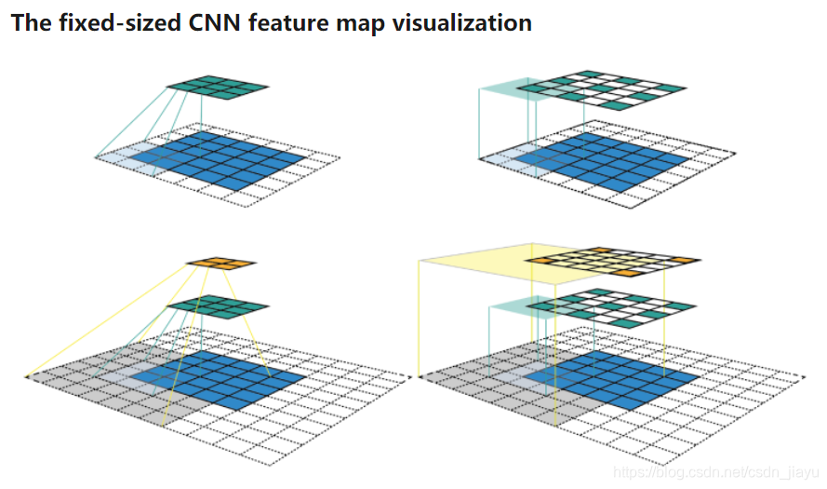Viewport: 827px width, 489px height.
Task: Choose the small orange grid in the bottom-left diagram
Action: tap(220, 265)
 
